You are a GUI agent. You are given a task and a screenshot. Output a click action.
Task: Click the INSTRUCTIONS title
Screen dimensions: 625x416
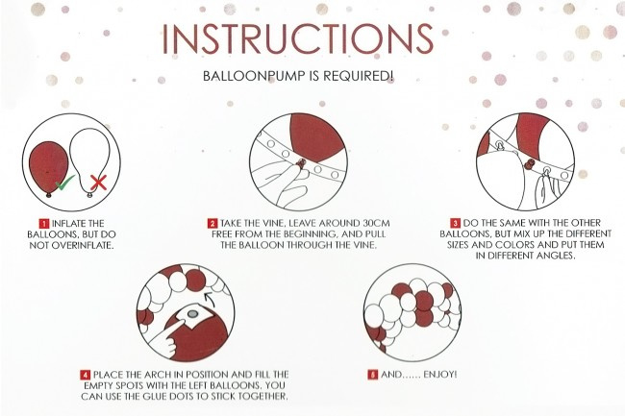point(297,38)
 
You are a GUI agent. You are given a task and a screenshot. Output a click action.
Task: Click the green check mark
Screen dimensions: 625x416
point(64,183)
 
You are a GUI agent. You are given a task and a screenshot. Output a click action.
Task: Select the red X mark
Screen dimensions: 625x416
point(98,183)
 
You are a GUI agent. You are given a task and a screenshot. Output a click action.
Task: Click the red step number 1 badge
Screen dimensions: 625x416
point(44,223)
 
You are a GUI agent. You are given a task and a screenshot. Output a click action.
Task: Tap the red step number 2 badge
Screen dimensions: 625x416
point(212,223)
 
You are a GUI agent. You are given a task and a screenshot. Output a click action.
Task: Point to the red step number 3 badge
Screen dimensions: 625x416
point(455,223)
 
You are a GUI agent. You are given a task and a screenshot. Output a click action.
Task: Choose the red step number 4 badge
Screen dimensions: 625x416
point(86,375)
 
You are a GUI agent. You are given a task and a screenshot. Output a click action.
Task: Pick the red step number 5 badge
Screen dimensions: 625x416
point(373,375)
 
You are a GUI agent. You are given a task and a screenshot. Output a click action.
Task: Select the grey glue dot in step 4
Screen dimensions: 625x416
point(192,314)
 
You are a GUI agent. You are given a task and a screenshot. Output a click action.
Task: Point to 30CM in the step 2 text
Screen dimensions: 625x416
point(377,223)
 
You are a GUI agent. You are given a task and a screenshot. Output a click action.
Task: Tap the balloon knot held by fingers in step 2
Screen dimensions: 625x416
point(302,162)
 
